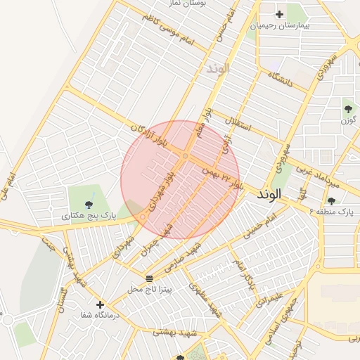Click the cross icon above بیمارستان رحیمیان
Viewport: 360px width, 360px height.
coord(280,14)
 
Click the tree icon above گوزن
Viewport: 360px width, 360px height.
coord(348,108)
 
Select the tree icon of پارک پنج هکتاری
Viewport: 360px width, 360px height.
coord(88,205)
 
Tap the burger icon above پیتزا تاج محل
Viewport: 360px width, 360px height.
coord(148,278)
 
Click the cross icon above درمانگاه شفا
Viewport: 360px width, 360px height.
coord(100,305)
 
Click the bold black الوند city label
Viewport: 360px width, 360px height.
coord(269,193)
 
